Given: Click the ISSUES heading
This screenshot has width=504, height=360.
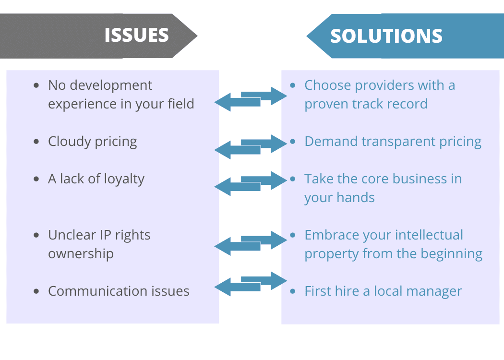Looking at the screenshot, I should click(136, 36).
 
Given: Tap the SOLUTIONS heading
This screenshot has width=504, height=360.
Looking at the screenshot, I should click(386, 36).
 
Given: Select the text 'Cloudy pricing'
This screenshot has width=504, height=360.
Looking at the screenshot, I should click(92, 142).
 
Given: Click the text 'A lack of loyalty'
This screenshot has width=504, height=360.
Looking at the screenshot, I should click(96, 179).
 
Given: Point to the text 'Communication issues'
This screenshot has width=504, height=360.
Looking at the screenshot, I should click(119, 291).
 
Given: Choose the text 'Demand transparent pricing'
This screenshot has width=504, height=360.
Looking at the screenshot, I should click(393, 142).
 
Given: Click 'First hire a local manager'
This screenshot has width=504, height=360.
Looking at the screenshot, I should click(383, 291).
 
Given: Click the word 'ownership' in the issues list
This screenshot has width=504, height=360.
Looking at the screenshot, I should click(81, 254).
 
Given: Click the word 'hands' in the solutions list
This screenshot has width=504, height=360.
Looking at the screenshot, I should click(357, 198).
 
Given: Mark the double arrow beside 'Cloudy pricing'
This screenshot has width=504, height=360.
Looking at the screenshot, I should click(250, 146).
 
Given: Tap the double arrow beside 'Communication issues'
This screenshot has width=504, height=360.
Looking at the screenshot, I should click(250, 284).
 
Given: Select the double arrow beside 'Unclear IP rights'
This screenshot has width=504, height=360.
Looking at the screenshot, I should click(250, 242).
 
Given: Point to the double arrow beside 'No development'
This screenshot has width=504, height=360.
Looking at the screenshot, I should click(250, 99).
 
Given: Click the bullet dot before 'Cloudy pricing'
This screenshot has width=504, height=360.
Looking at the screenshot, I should click(36, 142).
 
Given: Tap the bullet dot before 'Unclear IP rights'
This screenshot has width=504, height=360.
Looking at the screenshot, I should click(36, 235).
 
